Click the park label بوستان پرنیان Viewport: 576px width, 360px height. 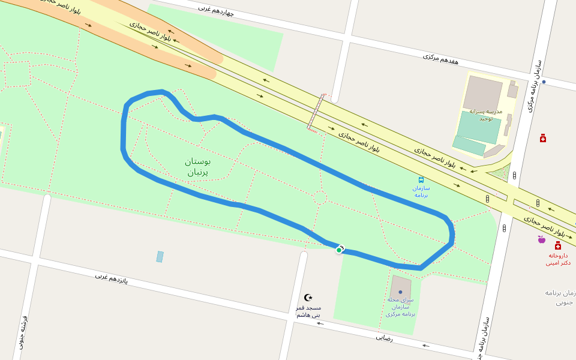pos(198,167)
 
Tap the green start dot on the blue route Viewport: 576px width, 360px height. pos(339,250)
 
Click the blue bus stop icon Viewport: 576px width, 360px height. pos(421,179)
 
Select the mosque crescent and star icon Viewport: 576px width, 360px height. pos(309,298)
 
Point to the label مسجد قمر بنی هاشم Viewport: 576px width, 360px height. pos(308,311)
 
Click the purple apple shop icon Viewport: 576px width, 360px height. pos(541,239)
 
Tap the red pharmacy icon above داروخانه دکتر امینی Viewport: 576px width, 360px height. pos(558,245)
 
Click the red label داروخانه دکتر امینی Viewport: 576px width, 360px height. pos(558,259)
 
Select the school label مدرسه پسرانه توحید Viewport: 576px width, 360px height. pos(485,115)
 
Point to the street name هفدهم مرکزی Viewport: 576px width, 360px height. pos(440,59)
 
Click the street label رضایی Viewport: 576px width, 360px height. pos(384,337)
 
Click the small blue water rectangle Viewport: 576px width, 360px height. pos(160,257)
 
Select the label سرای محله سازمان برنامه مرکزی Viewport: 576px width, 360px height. pos(401,306)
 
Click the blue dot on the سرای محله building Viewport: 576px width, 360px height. pos(400,292)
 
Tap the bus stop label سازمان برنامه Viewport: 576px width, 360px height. pos(421,191)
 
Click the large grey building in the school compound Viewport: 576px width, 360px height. pos(482,94)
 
